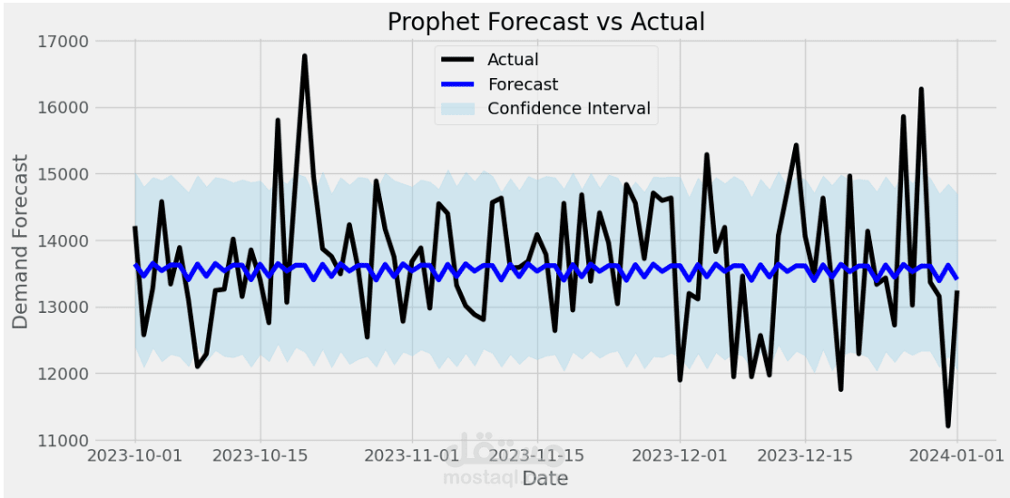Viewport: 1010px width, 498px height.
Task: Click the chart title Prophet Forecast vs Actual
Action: pyautogui.click(x=545, y=21)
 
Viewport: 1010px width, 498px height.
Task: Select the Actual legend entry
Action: pyautogui.click(x=513, y=60)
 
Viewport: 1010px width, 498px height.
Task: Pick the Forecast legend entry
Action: pyautogui.click(x=522, y=84)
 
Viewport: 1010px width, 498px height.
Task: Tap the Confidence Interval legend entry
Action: pyautogui.click(x=568, y=109)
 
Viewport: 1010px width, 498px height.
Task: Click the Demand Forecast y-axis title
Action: pyautogui.click(x=20, y=241)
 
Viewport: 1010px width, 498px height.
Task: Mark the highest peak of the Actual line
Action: pyautogui.click(x=305, y=56)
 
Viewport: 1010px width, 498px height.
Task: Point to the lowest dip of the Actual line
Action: pyautogui.click(x=948, y=425)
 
